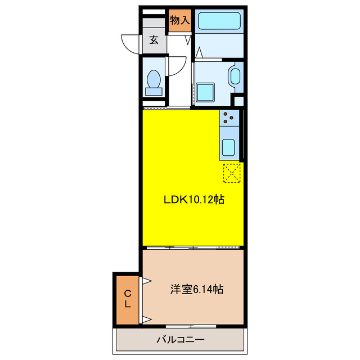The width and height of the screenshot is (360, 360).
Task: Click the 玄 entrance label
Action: pyautogui.click(x=153, y=40)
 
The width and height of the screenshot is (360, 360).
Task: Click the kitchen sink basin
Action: pyautogui.click(x=229, y=147)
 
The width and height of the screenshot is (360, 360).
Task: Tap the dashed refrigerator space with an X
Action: pyautogui.click(x=232, y=173)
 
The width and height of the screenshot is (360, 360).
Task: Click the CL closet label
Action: pyautogui.click(x=128, y=299)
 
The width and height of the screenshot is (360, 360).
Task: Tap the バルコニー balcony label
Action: pyautogui.click(x=180, y=340)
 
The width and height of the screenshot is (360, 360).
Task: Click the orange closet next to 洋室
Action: pyautogui.click(x=128, y=299)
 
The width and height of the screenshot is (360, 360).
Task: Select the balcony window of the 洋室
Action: pyautogui.click(x=191, y=326)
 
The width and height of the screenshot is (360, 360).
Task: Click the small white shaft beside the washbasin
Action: pyautogui.click(x=238, y=101)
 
